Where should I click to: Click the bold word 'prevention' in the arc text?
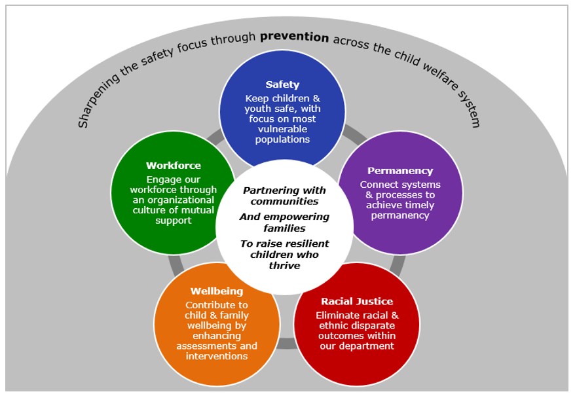(294, 37)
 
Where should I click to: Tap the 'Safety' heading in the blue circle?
(282, 84)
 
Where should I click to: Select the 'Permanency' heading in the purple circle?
(399, 171)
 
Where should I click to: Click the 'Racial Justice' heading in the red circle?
(357, 301)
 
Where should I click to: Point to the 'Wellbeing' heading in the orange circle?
(216, 291)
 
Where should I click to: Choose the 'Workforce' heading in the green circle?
(173, 166)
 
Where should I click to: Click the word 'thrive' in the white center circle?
(284, 266)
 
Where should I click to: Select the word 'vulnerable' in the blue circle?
(282, 129)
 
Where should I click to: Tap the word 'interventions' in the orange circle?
(216, 356)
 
